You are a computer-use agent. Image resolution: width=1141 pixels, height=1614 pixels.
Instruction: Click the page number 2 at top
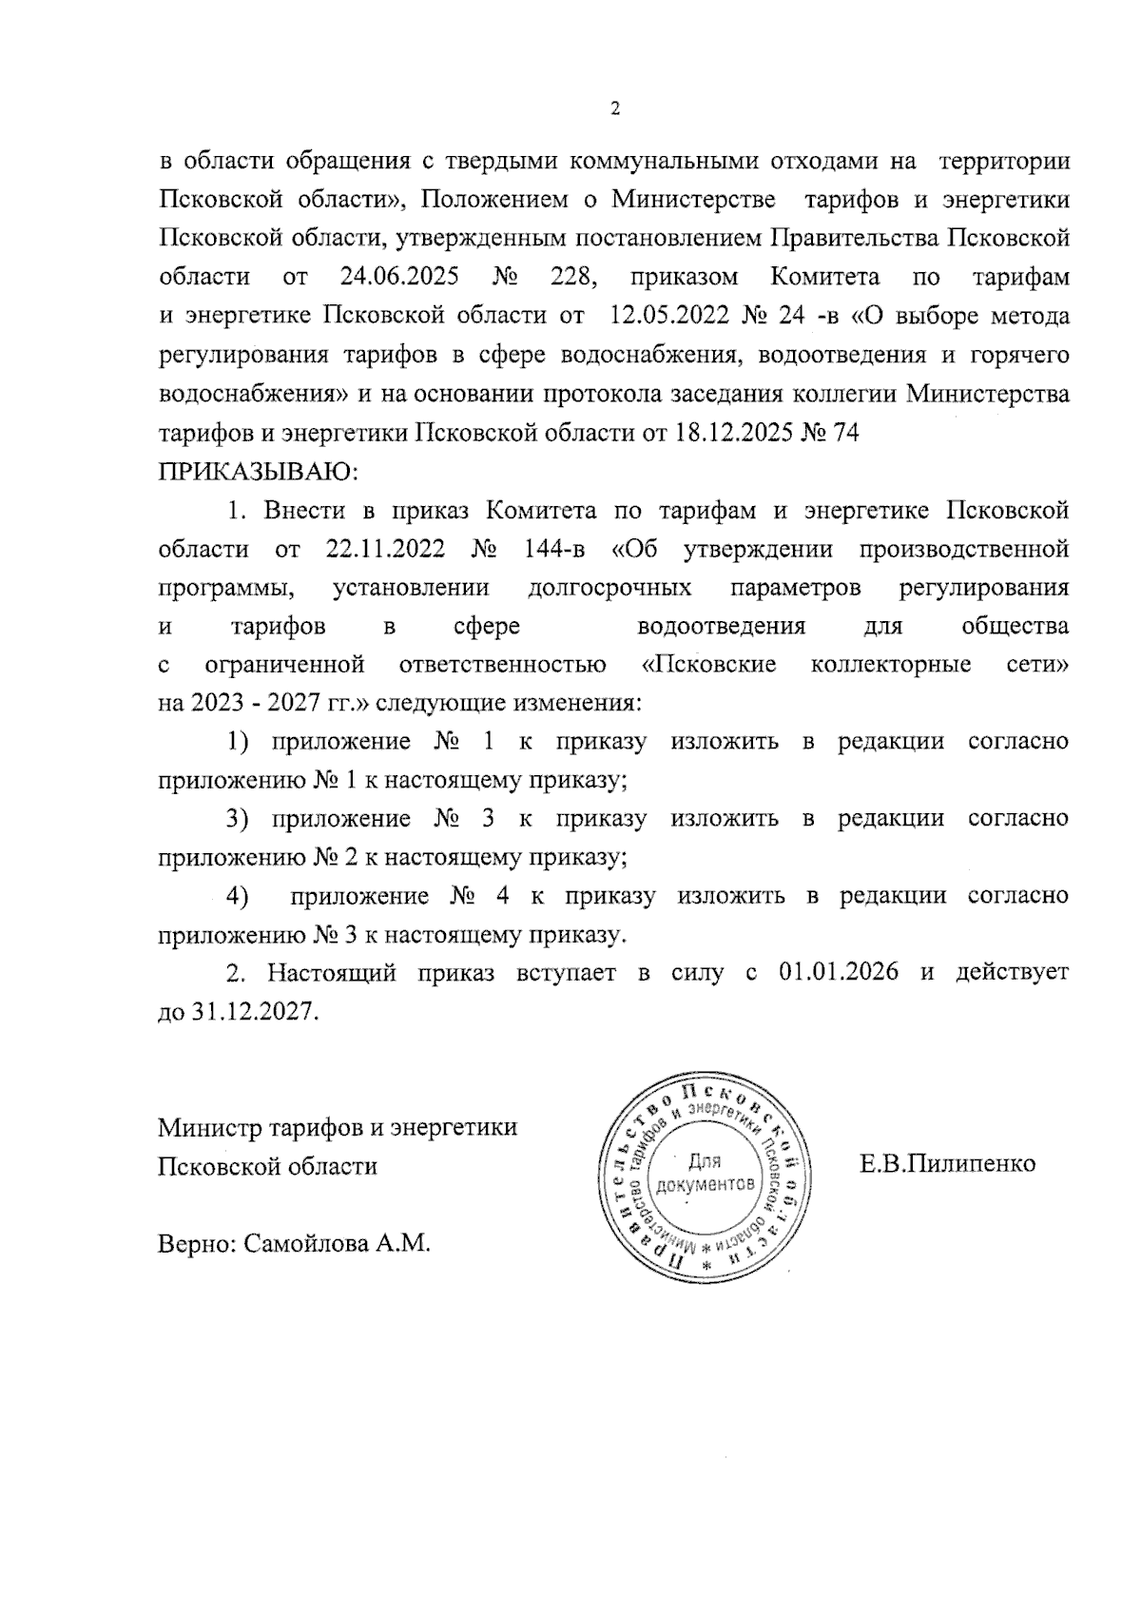click(614, 108)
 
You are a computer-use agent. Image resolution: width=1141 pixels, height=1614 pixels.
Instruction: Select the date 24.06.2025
click(399, 278)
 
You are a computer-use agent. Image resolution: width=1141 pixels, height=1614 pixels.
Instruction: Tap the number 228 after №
click(573, 278)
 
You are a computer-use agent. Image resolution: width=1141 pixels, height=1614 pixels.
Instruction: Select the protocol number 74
click(845, 433)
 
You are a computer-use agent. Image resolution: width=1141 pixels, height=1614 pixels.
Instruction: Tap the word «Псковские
click(703, 664)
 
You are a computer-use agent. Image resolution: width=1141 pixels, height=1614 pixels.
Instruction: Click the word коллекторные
click(891, 664)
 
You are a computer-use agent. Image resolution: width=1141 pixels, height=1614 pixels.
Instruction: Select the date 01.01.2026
click(837, 973)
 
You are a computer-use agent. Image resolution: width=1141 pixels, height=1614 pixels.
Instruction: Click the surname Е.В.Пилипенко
click(947, 1163)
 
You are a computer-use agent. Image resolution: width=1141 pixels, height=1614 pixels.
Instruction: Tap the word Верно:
click(196, 1243)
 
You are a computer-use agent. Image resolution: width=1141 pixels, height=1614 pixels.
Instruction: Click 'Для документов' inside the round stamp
click(705, 1173)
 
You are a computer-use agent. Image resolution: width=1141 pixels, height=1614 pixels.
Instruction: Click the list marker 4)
click(236, 896)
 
